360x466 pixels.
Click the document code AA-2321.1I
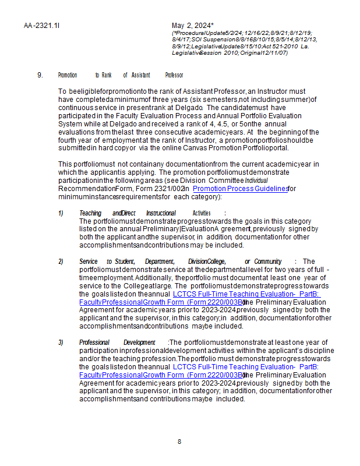point(42,26)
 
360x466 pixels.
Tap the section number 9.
point(40,75)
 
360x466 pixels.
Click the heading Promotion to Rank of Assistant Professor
point(121,75)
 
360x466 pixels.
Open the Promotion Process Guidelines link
point(240,189)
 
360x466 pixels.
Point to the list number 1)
point(61,213)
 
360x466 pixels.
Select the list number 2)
point(61,262)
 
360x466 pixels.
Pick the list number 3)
point(61,342)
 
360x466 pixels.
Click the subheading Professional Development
point(122,342)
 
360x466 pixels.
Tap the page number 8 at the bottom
point(179,442)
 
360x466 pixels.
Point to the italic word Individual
point(256,181)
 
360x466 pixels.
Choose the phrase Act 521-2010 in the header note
point(279,46)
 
